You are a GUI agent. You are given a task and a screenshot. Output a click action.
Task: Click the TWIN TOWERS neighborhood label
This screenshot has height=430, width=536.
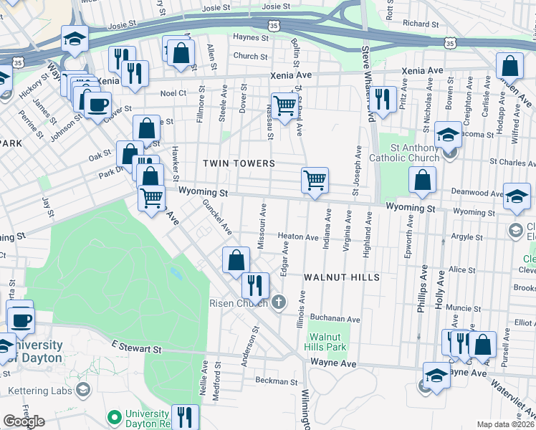click(x=239, y=163)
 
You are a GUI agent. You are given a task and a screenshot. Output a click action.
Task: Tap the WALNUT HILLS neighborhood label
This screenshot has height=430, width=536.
click(x=340, y=277)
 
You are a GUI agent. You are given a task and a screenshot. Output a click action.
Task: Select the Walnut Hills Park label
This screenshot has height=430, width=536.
click(x=327, y=342)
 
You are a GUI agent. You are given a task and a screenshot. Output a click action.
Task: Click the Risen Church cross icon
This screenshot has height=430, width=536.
click(x=280, y=302)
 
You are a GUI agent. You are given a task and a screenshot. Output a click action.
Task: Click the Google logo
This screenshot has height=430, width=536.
click(x=24, y=421)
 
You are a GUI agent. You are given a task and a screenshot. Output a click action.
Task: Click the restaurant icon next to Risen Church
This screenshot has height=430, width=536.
click(x=254, y=285)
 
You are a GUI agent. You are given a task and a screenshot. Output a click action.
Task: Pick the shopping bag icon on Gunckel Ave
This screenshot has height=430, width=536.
click(x=236, y=260)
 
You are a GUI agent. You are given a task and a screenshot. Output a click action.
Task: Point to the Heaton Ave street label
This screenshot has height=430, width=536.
click(x=297, y=236)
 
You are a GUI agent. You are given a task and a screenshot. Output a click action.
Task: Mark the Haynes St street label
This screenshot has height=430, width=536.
click(x=251, y=37)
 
